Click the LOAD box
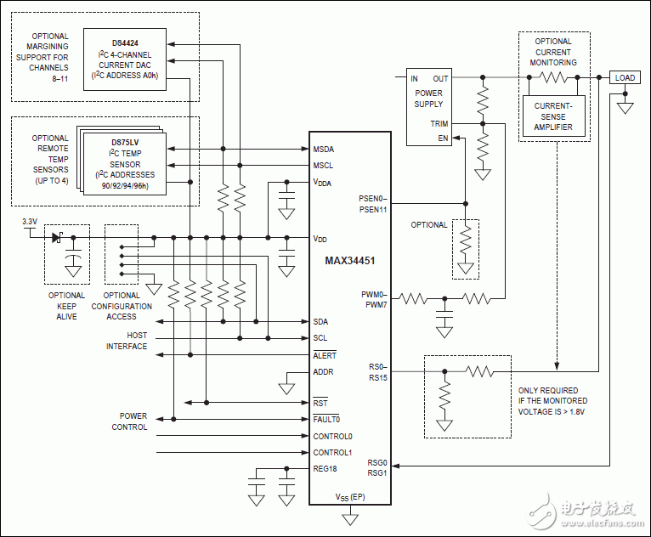pyautogui.click(x=625, y=78)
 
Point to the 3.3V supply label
pyautogui.click(x=29, y=222)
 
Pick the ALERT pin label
pyautogui.click(x=325, y=355)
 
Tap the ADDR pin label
pyautogui.click(x=324, y=371)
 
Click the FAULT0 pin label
pyautogui.click(x=326, y=419)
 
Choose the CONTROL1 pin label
pyautogui.click(x=332, y=452)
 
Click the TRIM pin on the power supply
pyautogui.click(x=439, y=124)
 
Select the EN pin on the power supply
pyautogui.click(x=442, y=138)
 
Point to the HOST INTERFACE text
pyautogui.click(x=126, y=341)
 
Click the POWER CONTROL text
pyautogui.click(x=129, y=421)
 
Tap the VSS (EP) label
pyautogui.click(x=350, y=496)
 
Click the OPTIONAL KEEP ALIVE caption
pyautogui.click(x=66, y=306)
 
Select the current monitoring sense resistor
pyautogui.click(x=552, y=77)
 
